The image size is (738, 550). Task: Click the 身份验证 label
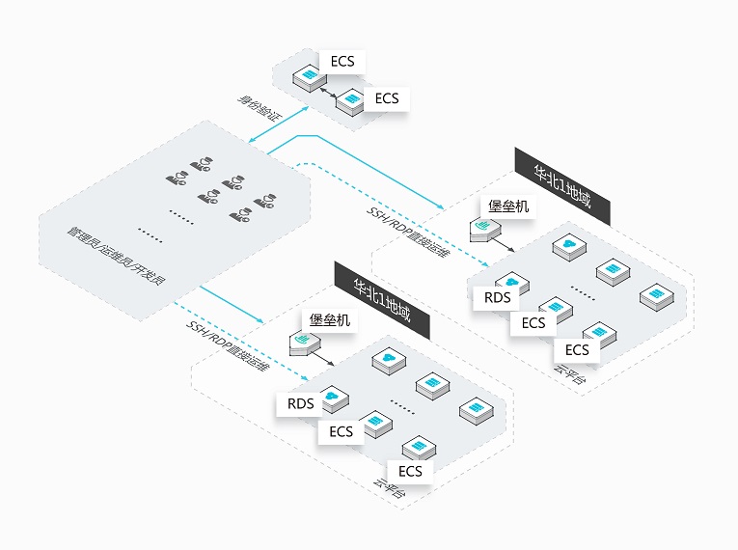(258, 108)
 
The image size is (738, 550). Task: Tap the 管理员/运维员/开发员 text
(116, 256)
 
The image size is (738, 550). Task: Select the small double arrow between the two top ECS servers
(328, 93)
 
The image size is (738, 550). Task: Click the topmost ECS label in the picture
(342, 62)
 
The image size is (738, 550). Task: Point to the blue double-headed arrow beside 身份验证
(279, 124)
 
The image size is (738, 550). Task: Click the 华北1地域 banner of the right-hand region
(562, 187)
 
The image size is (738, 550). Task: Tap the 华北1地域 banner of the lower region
(382, 300)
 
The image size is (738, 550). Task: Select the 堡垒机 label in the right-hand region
(508, 206)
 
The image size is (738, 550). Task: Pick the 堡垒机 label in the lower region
(330, 320)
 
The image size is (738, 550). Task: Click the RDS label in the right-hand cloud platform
(497, 297)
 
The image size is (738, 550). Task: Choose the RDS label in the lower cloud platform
(300, 404)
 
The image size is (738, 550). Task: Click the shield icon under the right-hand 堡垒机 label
(485, 230)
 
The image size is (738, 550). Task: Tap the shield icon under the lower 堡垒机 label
(305, 344)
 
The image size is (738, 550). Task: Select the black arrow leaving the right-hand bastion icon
(504, 244)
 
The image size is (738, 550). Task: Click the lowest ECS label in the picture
(410, 472)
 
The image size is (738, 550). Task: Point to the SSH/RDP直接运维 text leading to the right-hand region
(408, 233)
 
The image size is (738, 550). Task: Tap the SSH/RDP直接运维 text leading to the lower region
(228, 346)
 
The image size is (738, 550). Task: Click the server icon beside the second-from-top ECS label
(350, 101)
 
